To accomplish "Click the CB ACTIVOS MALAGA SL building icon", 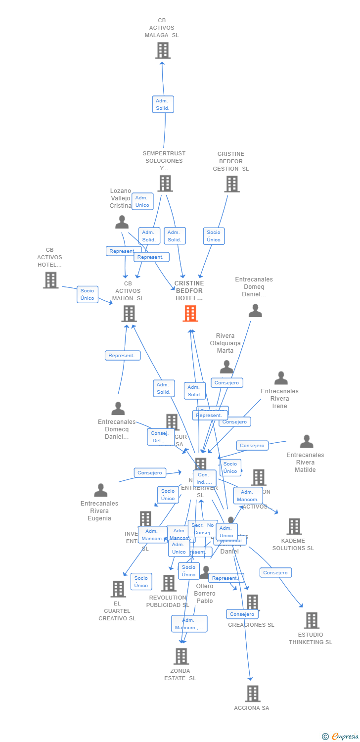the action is click(163, 50).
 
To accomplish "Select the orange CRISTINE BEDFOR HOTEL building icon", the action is click(190, 313).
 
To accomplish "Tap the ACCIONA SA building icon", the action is click(253, 694).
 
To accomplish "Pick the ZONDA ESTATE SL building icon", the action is click(181, 656).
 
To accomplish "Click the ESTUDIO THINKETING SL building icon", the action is click(312, 620).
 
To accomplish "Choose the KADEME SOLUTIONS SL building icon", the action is click(294, 526).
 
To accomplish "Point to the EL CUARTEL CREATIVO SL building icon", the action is click(118, 589).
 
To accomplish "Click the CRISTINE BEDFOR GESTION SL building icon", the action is click(231, 184).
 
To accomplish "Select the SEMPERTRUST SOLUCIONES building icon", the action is click(165, 184).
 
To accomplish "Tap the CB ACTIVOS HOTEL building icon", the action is click(50, 280).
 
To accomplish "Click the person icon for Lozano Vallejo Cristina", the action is click(122, 222).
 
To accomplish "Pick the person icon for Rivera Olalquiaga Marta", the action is click(226, 367).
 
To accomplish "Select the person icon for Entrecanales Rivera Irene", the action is click(281, 378).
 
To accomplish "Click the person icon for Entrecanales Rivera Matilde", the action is click(307, 441).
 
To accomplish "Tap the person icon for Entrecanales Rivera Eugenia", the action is click(100, 490).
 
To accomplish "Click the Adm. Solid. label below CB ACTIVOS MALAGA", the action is click(163, 104).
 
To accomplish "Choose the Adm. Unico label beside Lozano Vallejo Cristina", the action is click(142, 201).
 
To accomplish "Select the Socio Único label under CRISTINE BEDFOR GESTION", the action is click(214, 236).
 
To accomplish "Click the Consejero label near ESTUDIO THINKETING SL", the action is click(275, 572).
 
